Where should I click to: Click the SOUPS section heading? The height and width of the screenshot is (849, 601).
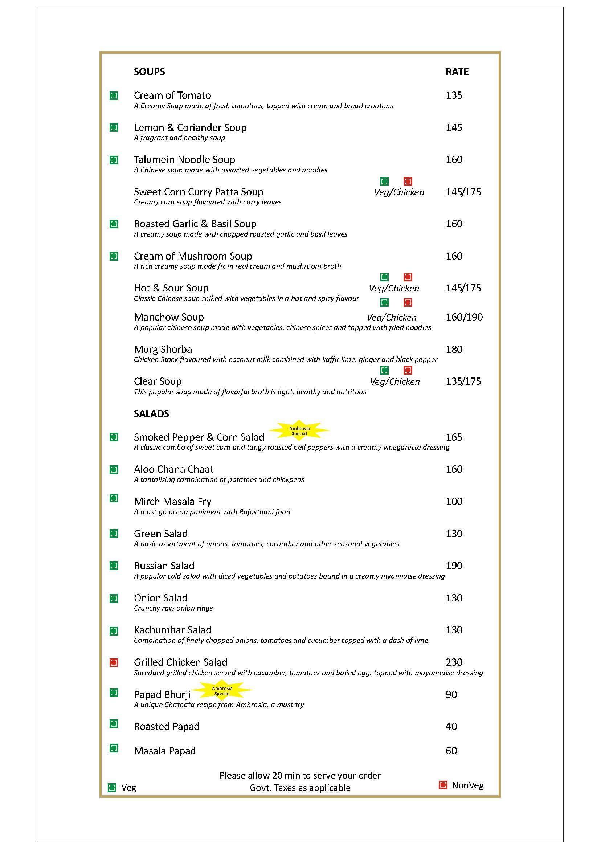149,72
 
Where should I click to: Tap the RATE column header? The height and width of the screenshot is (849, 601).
457,72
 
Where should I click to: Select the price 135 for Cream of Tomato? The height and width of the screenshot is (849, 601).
454,95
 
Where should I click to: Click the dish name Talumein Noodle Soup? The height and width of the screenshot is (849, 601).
184,159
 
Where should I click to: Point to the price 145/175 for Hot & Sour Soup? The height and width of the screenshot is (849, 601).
463,288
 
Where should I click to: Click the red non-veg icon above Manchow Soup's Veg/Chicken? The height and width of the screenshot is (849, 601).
408,302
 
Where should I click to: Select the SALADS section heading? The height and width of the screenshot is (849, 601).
151,413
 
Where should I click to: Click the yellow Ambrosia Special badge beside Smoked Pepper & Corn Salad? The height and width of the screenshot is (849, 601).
299,431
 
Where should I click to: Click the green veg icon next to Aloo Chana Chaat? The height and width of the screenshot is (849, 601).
114,470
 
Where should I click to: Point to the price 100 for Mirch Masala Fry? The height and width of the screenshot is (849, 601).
454,501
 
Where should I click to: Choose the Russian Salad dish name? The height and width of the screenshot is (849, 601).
164,566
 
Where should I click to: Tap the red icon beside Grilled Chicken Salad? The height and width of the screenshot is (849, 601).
114,662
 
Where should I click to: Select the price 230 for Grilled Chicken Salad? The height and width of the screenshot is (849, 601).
454,662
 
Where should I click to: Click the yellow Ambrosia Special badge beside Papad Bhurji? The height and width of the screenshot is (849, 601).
222,691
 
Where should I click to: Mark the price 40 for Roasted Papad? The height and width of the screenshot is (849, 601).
451,727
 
